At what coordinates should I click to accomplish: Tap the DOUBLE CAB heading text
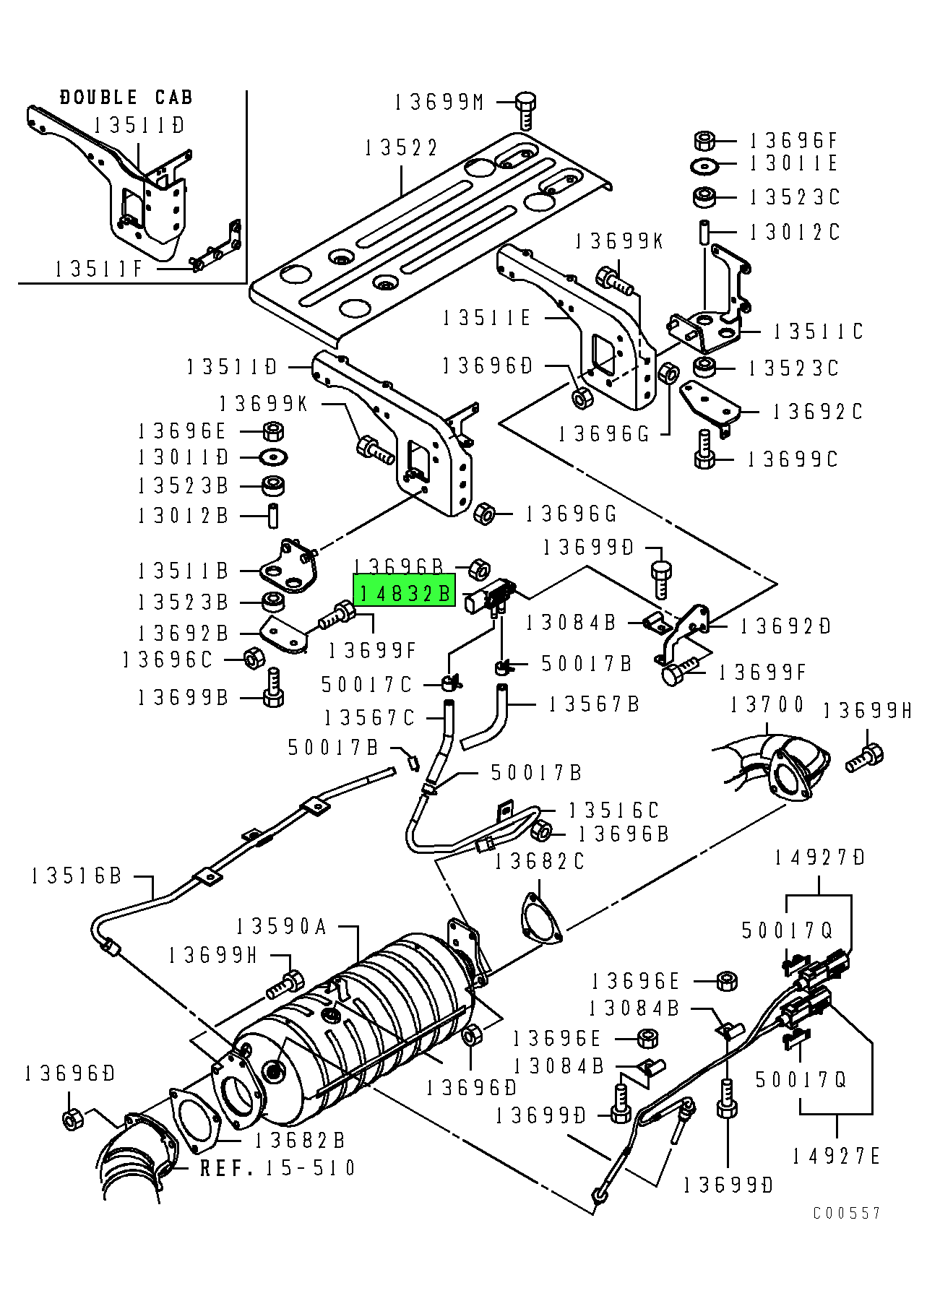click(126, 98)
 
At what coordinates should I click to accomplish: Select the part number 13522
click(401, 148)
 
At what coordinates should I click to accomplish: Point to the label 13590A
click(281, 926)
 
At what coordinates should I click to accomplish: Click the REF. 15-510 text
click(277, 1168)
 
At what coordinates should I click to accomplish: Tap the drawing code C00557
click(847, 1213)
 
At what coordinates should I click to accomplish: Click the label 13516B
click(77, 876)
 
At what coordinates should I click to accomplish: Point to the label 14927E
click(836, 1157)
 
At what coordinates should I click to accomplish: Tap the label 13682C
click(540, 862)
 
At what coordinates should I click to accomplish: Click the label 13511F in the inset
click(100, 269)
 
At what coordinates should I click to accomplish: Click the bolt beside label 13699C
click(704, 451)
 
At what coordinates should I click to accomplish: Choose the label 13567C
click(370, 717)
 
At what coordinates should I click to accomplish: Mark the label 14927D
click(820, 858)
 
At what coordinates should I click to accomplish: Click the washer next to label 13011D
click(273, 457)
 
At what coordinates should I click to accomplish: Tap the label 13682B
click(301, 1140)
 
